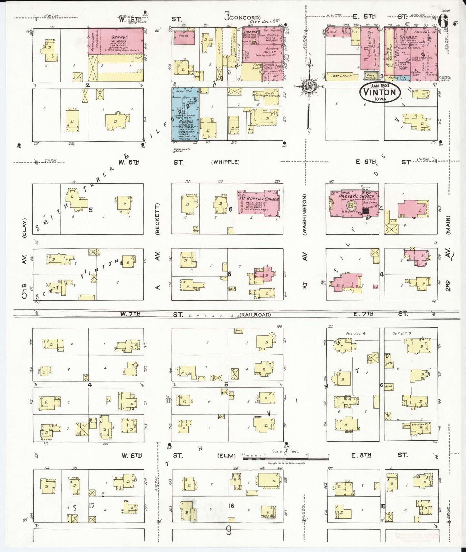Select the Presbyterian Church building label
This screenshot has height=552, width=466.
coord(356,196)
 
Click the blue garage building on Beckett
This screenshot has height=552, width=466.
coord(185,114)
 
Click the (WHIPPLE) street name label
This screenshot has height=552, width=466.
coord(225,162)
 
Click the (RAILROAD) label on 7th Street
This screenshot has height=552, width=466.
coord(254,315)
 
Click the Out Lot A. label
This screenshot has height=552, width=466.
coord(352,334)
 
